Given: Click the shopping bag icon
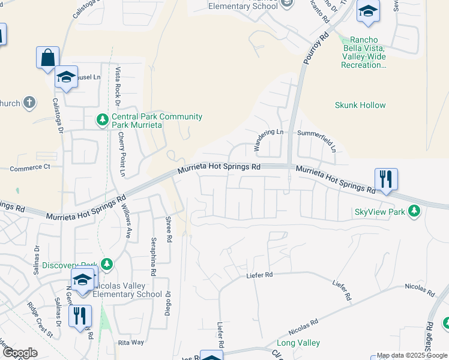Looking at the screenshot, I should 47,58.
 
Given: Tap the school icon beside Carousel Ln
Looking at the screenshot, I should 67,77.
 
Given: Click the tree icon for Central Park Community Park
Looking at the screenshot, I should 103,121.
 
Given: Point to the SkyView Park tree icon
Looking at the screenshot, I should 414,211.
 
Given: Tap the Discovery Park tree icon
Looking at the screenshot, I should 107,264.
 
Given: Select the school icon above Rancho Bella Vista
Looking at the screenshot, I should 368,12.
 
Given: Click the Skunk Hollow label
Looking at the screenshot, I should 360,105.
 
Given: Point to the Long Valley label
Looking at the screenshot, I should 298,343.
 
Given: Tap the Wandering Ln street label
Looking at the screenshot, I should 267,139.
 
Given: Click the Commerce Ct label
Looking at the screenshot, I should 29,167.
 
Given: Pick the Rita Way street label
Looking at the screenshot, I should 131,342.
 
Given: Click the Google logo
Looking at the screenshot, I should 20,353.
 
